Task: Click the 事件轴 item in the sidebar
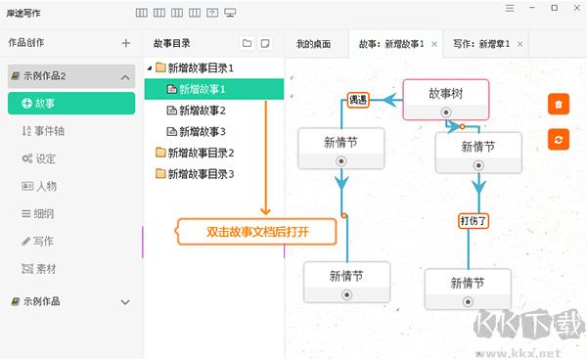click(x=43, y=131)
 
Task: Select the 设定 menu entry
click(x=38, y=158)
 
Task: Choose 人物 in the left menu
click(x=39, y=186)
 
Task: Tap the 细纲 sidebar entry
click(x=38, y=213)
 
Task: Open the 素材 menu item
click(x=38, y=269)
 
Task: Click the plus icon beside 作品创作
click(x=126, y=43)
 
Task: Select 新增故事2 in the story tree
click(x=196, y=111)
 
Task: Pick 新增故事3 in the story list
click(x=196, y=132)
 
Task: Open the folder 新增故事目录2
click(x=195, y=153)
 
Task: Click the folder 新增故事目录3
click(x=195, y=174)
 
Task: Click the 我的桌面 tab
click(x=314, y=44)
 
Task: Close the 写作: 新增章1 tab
click(x=520, y=44)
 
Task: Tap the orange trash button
click(x=559, y=104)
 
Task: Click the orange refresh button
click(x=559, y=140)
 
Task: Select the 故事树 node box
click(x=446, y=100)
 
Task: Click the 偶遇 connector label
click(x=358, y=100)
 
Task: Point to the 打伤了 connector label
click(x=474, y=221)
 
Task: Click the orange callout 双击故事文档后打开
click(x=256, y=232)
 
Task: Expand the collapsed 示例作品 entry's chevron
click(x=125, y=302)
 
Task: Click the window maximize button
click(x=555, y=8)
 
